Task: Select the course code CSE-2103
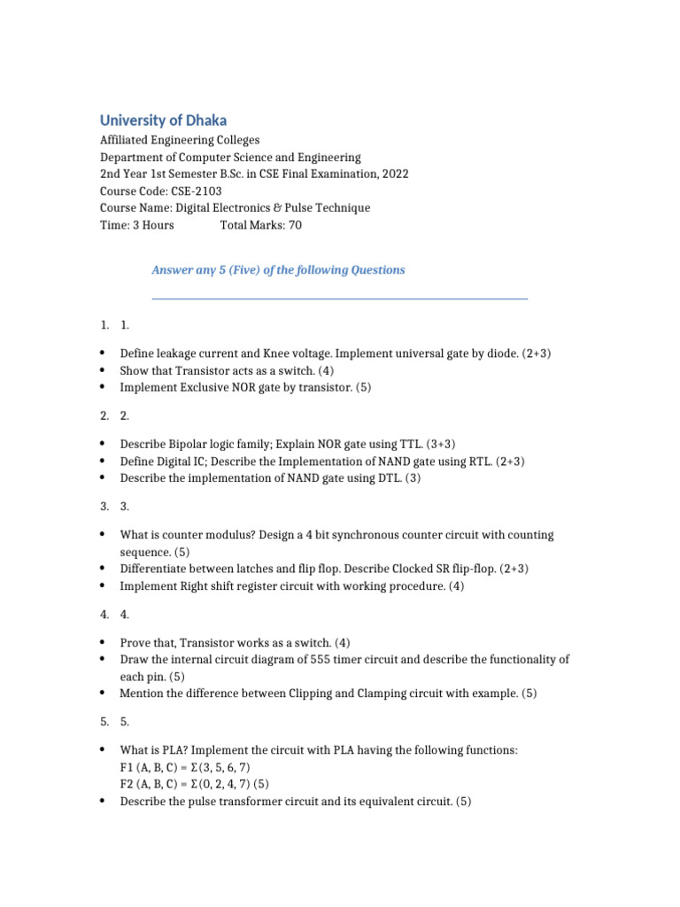pyautogui.click(x=193, y=191)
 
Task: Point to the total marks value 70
pyautogui.click(x=295, y=225)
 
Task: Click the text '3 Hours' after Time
pyautogui.click(x=151, y=225)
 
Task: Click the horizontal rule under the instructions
pyautogui.click(x=340, y=299)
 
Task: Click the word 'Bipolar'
pyautogui.click(x=183, y=444)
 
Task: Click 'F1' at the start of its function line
pyautogui.click(x=127, y=767)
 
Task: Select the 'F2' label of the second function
pyautogui.click(x=127, y=785)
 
